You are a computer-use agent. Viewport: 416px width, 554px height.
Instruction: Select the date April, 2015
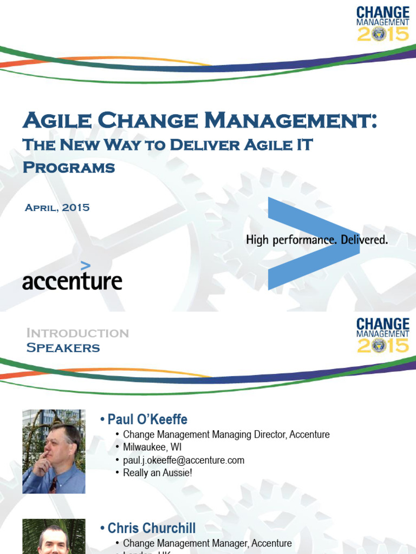click(x=57, y=207)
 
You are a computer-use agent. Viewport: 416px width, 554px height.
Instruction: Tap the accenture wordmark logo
click(x=72, y=281)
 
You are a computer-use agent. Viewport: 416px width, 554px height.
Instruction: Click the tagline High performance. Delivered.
click(x=317, y=240)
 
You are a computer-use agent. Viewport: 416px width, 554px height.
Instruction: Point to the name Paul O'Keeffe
click(x=147, y=419)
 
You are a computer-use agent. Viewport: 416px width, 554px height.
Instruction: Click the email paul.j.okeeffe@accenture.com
click(x=184, y=460)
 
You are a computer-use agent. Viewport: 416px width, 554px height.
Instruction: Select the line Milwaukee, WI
click(x=152, y=447)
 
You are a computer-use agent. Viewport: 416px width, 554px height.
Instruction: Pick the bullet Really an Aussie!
click(x=158, y=472)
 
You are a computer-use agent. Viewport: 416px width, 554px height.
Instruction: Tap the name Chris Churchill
click(x=152, y=528)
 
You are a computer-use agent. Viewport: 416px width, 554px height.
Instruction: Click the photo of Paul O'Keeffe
click(x=54, y=451)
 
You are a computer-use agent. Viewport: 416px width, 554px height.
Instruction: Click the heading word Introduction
click(x=77, y=333)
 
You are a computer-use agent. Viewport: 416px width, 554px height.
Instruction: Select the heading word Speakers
click(x=63, y=348)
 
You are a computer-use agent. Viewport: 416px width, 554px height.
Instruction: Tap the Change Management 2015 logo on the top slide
click(x=383, y=23)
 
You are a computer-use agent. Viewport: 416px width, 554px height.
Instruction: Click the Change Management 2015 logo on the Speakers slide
click(x=383, y=335)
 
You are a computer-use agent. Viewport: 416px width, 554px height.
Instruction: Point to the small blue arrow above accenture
click(x=86, y=265)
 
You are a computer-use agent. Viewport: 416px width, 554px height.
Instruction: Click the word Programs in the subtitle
click(x=69, y=167)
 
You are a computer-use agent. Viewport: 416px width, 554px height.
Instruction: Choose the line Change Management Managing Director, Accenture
click(x=226, y=434)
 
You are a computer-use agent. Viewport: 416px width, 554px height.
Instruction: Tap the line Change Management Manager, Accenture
click(x=207, y=543)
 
